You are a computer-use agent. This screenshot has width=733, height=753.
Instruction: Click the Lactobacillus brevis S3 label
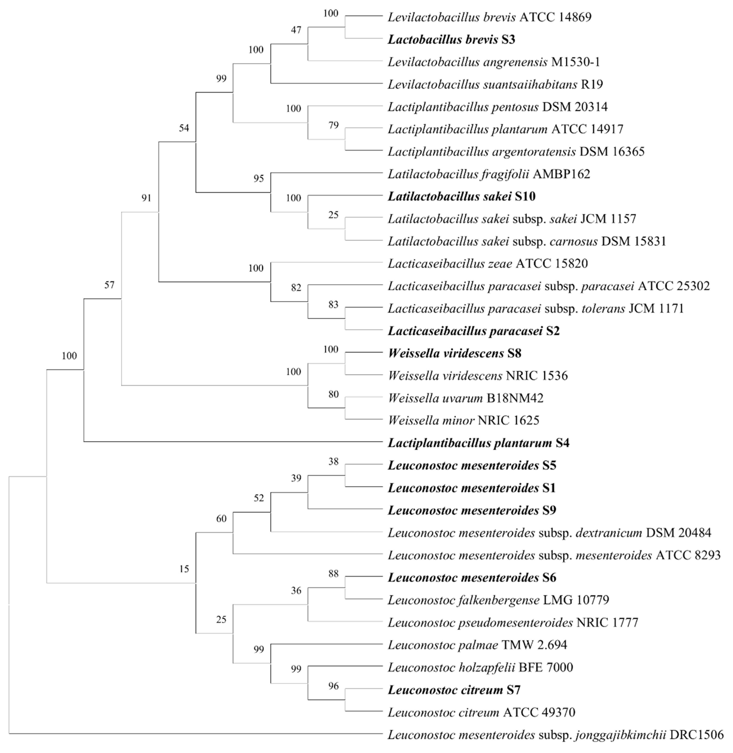(x=451, y=40)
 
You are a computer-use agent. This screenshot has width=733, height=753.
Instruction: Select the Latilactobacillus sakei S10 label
(x=462, y=197)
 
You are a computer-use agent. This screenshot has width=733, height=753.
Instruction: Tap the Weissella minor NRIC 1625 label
(x=463, y=420)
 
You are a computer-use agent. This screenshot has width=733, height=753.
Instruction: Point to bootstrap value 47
(x=296, y=30)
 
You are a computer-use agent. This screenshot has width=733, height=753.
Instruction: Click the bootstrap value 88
(x=333, y=574)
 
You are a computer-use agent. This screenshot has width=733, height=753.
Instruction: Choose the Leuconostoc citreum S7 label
(x=454, y=690)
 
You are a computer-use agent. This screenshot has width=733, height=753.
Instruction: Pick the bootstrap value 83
(x=333, y=305)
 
